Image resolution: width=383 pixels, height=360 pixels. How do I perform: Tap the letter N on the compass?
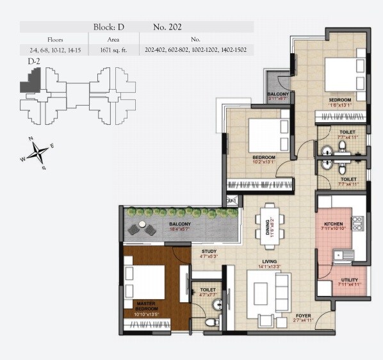[x=30, y=138]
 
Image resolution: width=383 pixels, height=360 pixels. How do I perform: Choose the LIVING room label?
[x=270, y=261]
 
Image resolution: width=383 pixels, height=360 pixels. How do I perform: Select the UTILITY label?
[x=350, y=281]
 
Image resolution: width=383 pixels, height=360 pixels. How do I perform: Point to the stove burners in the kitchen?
[x=357, y=224]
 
